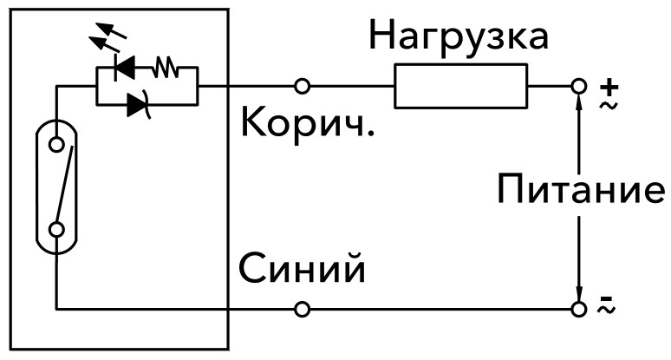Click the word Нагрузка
tap(459, 36)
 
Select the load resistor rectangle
tap(460, 87)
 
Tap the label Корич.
tap(308, 124)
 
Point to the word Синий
tap(302, 270)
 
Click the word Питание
tap(581, 189)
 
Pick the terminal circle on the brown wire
tap(302, 87)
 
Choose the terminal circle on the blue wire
tap(302, 309)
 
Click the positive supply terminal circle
tap(578, 87)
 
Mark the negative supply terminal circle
tap(578, 309)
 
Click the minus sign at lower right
tap(606, 300)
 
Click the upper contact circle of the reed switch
tap(56, 145)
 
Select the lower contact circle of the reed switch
tap(56, 229)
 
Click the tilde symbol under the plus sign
tap(607, 104)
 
